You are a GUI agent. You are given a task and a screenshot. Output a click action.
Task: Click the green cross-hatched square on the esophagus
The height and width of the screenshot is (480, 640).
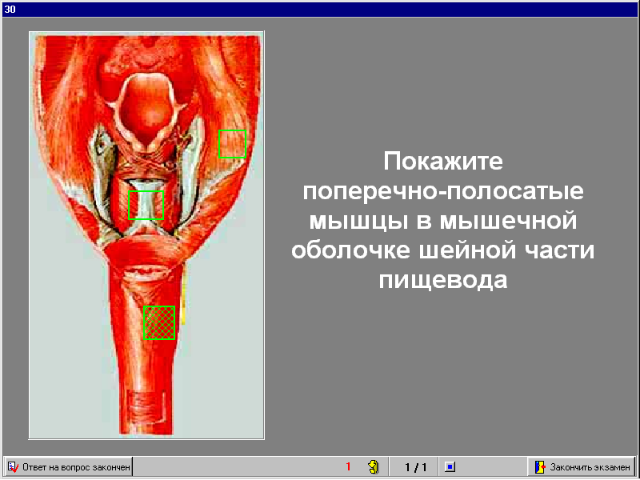click(159, 322)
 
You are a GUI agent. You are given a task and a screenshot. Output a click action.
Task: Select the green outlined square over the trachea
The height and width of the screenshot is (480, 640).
click(146, 205)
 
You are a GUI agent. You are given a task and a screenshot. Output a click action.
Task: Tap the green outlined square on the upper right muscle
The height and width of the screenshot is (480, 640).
click(232, 144)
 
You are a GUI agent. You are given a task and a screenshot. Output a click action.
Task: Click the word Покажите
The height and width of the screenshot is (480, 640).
click(443, 161)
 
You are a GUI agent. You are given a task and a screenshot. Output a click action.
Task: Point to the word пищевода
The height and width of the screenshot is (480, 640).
click(443, 280)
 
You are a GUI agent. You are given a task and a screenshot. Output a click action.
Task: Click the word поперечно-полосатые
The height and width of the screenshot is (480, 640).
click(443, 191)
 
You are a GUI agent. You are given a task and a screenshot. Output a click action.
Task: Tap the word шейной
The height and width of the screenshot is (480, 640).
click(467, 250)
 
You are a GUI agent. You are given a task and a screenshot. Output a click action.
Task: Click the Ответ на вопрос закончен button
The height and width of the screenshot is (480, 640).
click(69, 466)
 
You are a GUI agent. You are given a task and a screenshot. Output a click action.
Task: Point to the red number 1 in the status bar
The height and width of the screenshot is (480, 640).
click(348, 466)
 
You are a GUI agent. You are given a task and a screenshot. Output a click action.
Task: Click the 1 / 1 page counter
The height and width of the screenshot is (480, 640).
click(415, 466)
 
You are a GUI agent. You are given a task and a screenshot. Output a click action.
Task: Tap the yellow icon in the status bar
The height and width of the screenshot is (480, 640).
click(373, 466)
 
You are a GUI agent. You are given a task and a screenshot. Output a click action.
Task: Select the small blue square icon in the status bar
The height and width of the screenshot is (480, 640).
click(450, 466)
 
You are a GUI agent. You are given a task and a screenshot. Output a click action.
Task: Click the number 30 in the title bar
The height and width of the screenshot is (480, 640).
click(10, 9)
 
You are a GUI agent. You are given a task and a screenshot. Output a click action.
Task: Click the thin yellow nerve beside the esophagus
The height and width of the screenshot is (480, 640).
click(184, 294)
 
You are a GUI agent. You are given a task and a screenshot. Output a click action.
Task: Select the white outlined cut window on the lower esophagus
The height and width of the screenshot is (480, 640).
click(146, 406)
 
